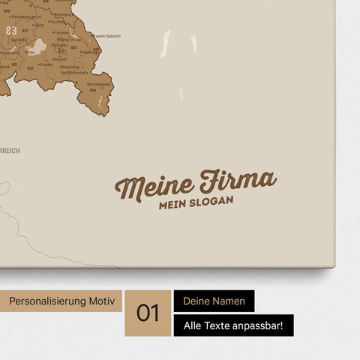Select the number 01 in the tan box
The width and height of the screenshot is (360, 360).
tap(148, 313)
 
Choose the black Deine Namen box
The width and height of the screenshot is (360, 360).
tap(214, 301)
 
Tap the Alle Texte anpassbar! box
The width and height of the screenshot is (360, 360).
tap(233, 325)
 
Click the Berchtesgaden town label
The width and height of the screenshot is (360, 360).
tap(100, 85)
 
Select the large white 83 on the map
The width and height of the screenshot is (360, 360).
tap(11, 30)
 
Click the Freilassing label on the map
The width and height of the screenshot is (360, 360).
tap(89, 52)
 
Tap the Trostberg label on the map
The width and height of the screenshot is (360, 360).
tap(58, 22)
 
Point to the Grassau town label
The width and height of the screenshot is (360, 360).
tap(46, 64)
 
